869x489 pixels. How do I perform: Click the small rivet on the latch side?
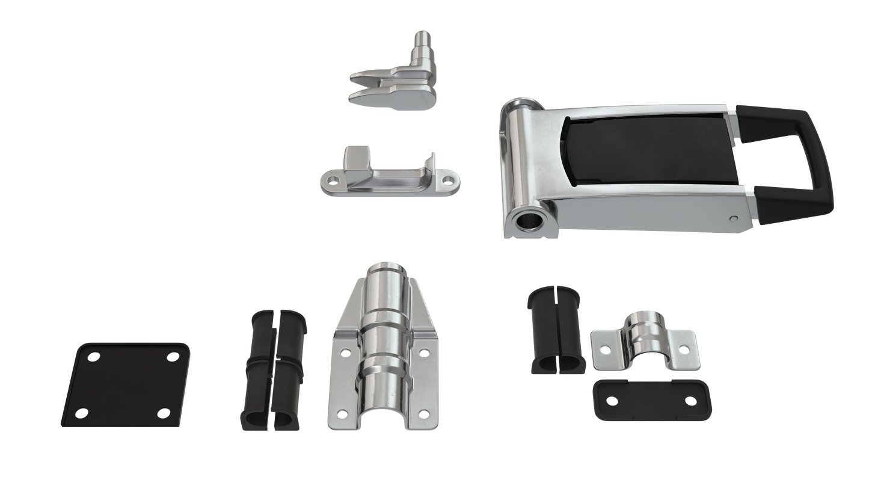[732, 218]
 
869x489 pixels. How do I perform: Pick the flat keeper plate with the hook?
[385, 177]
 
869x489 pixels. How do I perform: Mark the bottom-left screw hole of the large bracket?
[342, 413]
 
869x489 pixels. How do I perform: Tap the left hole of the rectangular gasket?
[611, 400]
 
